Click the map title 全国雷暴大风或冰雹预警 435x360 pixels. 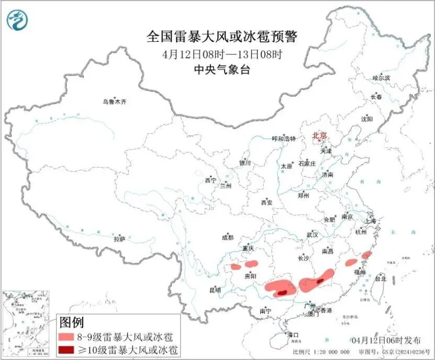(222, 36)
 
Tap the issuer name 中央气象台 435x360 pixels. (222, 69)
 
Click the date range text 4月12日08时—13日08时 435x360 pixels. (222, 53)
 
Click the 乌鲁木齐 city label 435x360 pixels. (114, 102)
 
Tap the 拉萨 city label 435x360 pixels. (120, 239)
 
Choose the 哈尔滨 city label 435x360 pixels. (381, 78)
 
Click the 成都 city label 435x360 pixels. (228, 237)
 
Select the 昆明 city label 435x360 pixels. (215, 290)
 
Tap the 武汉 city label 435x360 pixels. (313, 234)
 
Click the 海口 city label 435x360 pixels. (293, 334)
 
